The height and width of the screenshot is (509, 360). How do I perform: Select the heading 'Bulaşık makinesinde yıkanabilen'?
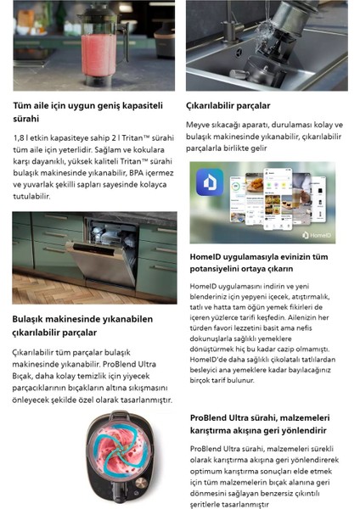(82, 319)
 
